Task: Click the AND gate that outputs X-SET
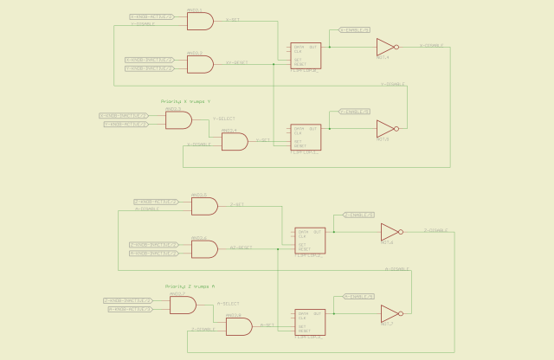pos(200,21)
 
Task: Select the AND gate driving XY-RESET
pos(200,63)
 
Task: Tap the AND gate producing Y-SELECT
pos(178,120)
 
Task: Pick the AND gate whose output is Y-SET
pos(234,142)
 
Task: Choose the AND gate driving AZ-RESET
pos(204,249)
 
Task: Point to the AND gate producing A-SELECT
pos(183,305)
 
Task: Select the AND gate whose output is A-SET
pos(238,326)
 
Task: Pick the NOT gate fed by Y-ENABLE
pos(386,129)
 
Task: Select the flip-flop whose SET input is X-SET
pos(306,55)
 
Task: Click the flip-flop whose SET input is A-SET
pos(310,322)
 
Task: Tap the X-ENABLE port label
pos(354,30)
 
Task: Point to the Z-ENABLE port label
pos(358,215)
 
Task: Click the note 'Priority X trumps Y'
pos(185,101)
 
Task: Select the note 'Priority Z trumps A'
pos(190,286)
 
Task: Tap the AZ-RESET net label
pos(242,247)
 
